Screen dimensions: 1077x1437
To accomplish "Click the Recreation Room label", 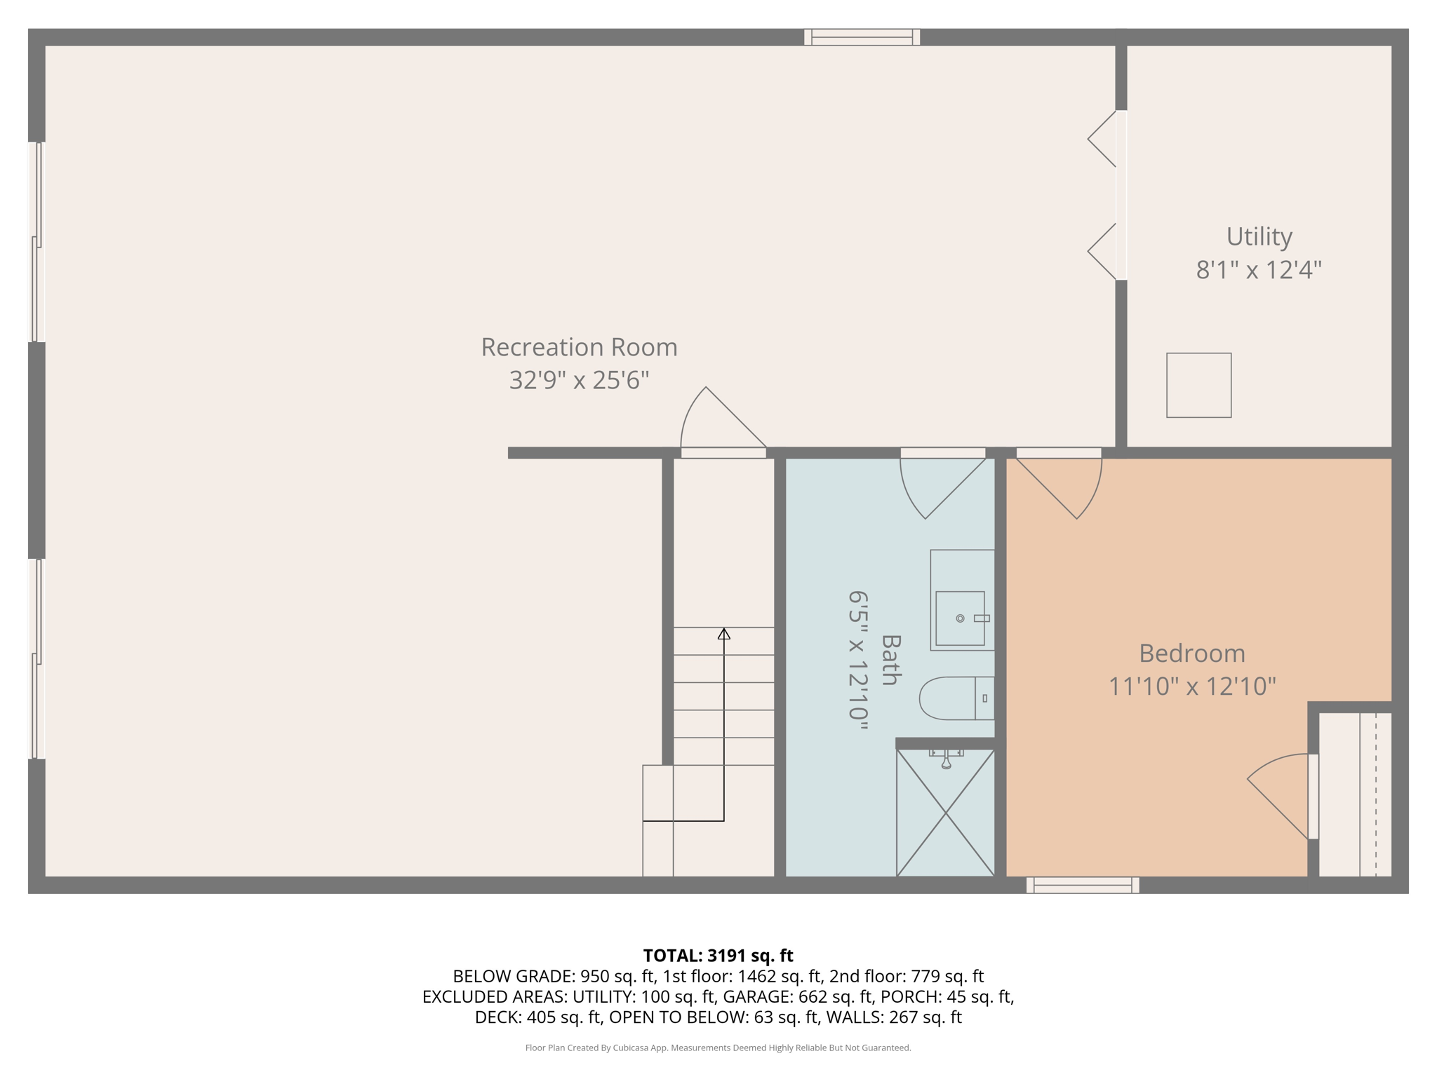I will tap(579, 347).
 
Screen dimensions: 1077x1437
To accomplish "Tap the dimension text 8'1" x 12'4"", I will tap(1259, 269).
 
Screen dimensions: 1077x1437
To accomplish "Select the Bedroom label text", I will tap(1191, 653).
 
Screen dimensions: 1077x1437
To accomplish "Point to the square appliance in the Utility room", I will tap(1198, 385).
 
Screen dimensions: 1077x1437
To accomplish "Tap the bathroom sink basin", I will tap(960, 618).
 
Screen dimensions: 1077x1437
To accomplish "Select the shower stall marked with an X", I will tap(945, 813).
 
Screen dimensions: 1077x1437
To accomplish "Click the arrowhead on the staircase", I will tap(723, 634).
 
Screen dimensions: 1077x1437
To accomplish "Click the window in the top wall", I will tap(862, 37).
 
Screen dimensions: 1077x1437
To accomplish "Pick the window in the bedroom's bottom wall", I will tap(1082, 885).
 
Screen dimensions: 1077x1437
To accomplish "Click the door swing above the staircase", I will tap(719, 421).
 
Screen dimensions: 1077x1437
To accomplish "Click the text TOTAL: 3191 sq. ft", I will tap(718, 956).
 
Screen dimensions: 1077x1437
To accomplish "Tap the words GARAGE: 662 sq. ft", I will tap(798, 996).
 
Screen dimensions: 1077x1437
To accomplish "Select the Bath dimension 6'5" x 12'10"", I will tap(858, 660).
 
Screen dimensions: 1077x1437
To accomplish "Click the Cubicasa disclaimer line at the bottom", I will tap(718, 1048).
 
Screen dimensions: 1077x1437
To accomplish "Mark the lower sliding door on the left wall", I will tap(36, 658).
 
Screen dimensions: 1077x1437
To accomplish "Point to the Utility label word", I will tap(1259, 236).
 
